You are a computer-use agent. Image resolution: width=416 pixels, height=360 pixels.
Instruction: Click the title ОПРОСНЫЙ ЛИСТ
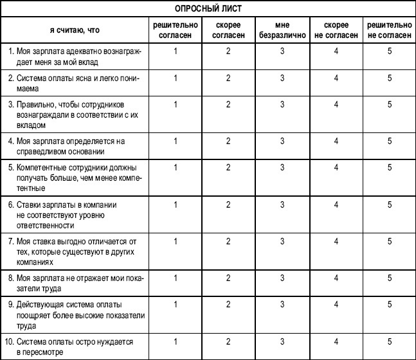[x=207, y=8]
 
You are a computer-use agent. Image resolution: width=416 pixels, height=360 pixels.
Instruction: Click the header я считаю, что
[x=75, y=29]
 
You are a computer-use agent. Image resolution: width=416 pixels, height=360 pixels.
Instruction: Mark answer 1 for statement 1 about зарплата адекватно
[x=175, y=50]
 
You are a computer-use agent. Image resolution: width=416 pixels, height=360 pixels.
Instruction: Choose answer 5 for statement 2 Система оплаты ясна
[x=390, y=78]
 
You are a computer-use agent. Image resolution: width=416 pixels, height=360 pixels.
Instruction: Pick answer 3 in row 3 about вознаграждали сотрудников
[x=282, y=105]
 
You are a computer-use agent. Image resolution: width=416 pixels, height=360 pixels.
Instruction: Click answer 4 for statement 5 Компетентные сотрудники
[x=336, y=167]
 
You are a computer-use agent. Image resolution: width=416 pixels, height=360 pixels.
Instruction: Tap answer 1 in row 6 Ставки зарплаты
[x=175, y=204]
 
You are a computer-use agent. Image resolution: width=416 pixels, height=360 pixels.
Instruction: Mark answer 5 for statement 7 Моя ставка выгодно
[x=390, y=241]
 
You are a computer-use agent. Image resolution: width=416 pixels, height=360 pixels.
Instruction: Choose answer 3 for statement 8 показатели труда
[x=282, y=278]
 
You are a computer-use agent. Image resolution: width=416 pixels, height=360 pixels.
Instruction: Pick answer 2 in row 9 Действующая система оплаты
[x=228, y=305]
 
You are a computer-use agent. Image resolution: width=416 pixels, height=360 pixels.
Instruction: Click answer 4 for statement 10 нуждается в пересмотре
[x=336, y=341]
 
